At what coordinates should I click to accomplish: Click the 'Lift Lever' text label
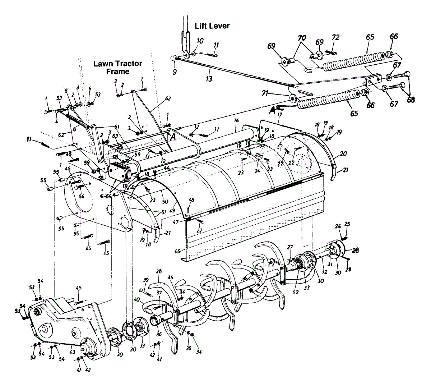point(212,26)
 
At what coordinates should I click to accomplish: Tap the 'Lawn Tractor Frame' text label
point(117,67)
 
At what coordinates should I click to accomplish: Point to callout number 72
point(335,37)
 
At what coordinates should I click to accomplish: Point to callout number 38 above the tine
point(159,272)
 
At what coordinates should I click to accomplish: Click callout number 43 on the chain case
point(72,352)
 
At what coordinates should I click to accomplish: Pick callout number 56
point(82,196)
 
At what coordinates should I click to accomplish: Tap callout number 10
point(200,41)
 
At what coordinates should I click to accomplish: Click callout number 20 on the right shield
point(343,153)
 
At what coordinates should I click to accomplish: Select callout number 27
point(290,247)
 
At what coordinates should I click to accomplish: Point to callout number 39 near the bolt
point(146,280)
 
